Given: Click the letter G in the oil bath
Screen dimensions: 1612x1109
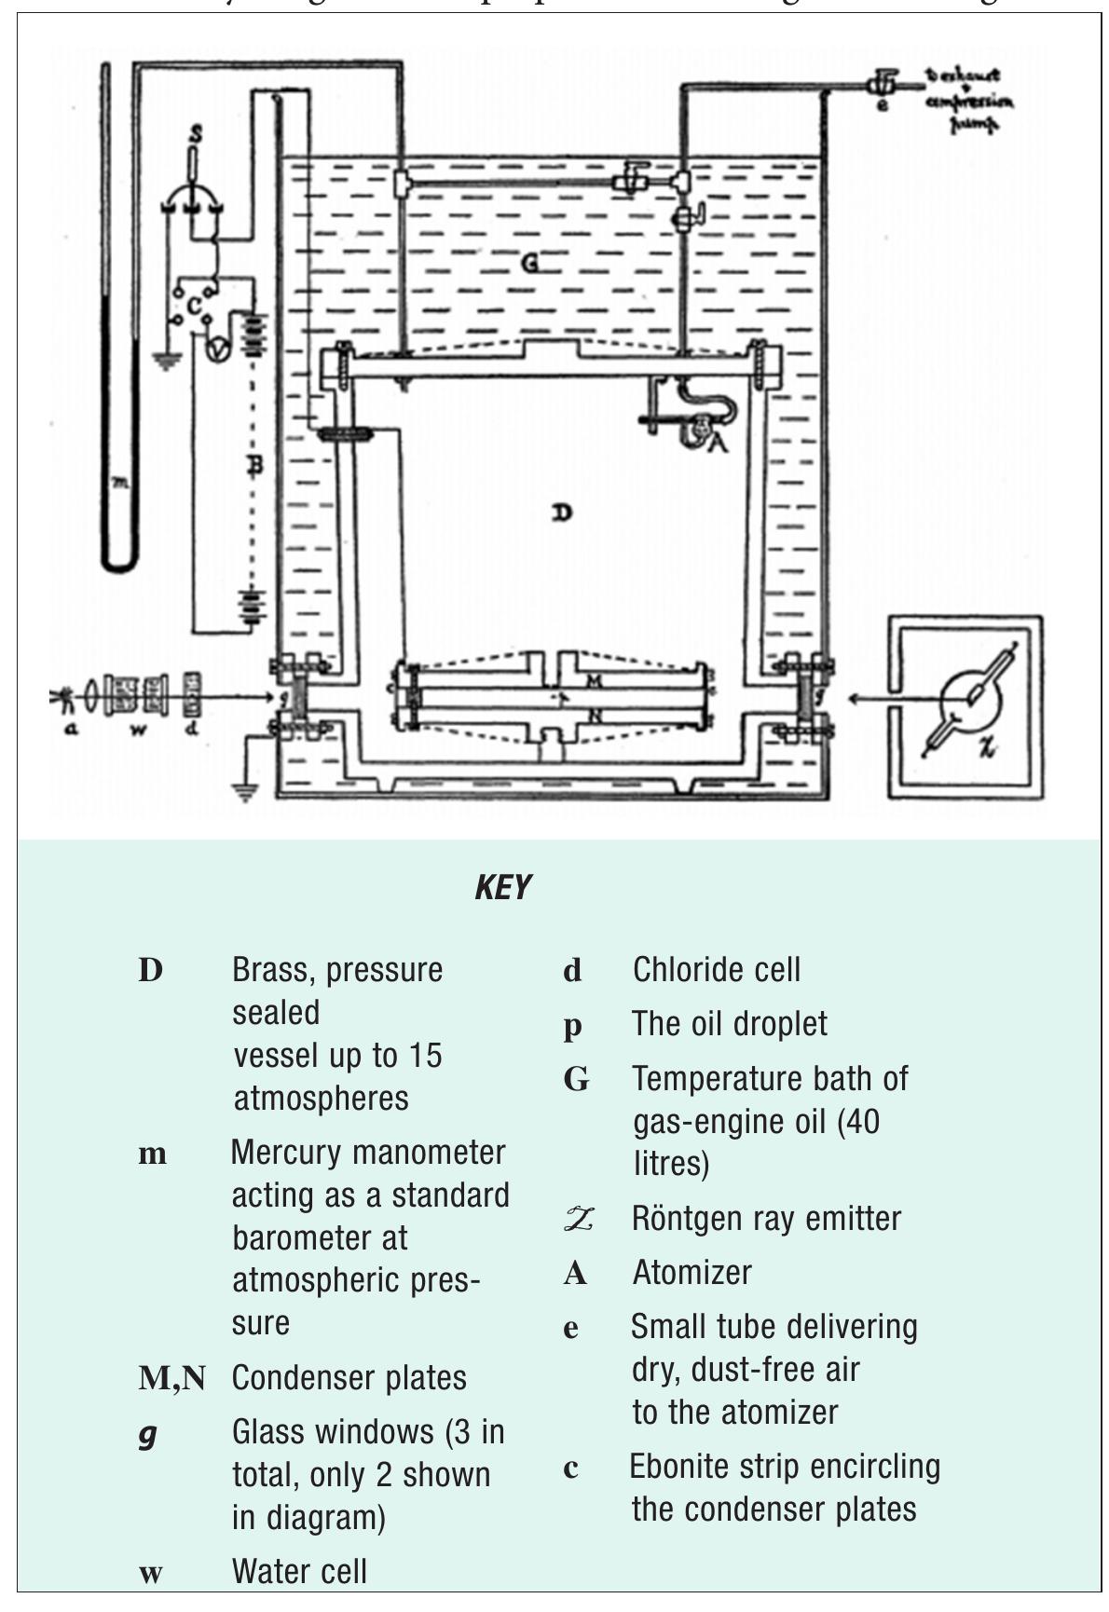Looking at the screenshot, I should tap(529, 264).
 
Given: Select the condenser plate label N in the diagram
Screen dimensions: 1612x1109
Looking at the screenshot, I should tap(594, 715).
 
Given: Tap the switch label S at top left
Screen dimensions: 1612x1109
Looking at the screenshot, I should tap(196, 134).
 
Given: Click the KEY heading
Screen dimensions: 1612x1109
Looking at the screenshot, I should tap(502, 887).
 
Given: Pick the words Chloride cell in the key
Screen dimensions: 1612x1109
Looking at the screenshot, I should tap(716, 970).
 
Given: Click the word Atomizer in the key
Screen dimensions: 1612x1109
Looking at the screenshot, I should tap(691, 1272).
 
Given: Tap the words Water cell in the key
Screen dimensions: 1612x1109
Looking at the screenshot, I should tap(299, 1571).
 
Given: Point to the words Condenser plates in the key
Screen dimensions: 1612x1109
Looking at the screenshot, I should tap(349, 1378).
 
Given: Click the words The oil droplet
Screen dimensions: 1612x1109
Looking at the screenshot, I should tap(729, 1024).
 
